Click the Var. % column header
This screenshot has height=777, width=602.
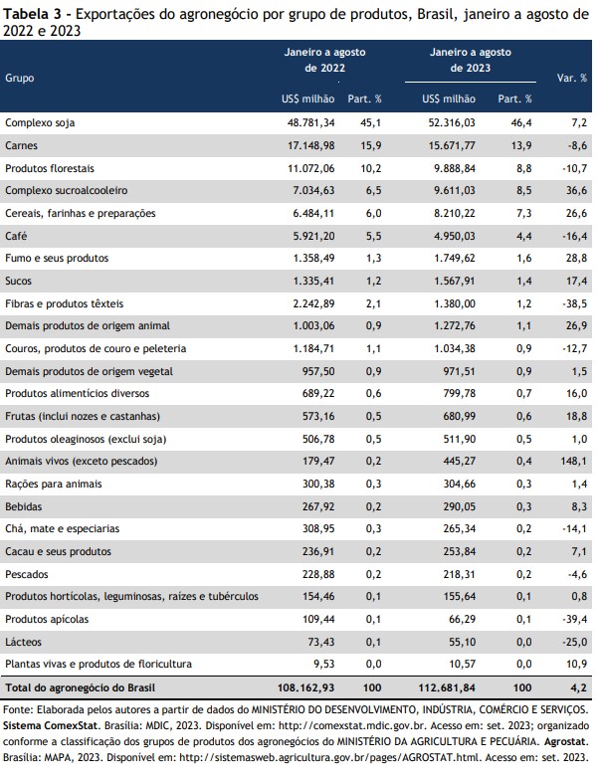(x=572, y=78)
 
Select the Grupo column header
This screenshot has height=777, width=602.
(x=19, y=78)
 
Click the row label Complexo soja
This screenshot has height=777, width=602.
(x=40, y=122)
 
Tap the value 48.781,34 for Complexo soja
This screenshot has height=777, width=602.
(x=311, y=122)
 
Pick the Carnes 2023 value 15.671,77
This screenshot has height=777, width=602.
(x=452, y=145)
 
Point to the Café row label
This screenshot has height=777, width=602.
(x=16, y=236)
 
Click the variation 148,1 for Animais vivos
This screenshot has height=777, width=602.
(x=574, y=461)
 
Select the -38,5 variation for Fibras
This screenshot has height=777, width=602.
(x=575, y=303)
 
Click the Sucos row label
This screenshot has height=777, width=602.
(x=18, y=281)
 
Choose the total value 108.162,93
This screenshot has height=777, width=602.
(x=306, y=687)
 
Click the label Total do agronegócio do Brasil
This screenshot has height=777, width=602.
(x=81, y=687)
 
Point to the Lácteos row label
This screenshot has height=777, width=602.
(x=23, y=642)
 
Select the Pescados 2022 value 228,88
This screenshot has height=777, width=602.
(x=318, y=574)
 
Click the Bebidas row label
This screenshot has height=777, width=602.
(x=23, y=506)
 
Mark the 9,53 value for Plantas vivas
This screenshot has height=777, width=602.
(x=324, y=664)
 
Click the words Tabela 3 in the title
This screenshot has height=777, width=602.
(x=34, y=14)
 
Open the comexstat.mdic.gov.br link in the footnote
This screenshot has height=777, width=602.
(x=353, y=726)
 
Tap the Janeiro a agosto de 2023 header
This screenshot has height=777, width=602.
(x=471, y=60)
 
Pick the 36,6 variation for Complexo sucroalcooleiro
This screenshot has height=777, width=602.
(x=577, y=190)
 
